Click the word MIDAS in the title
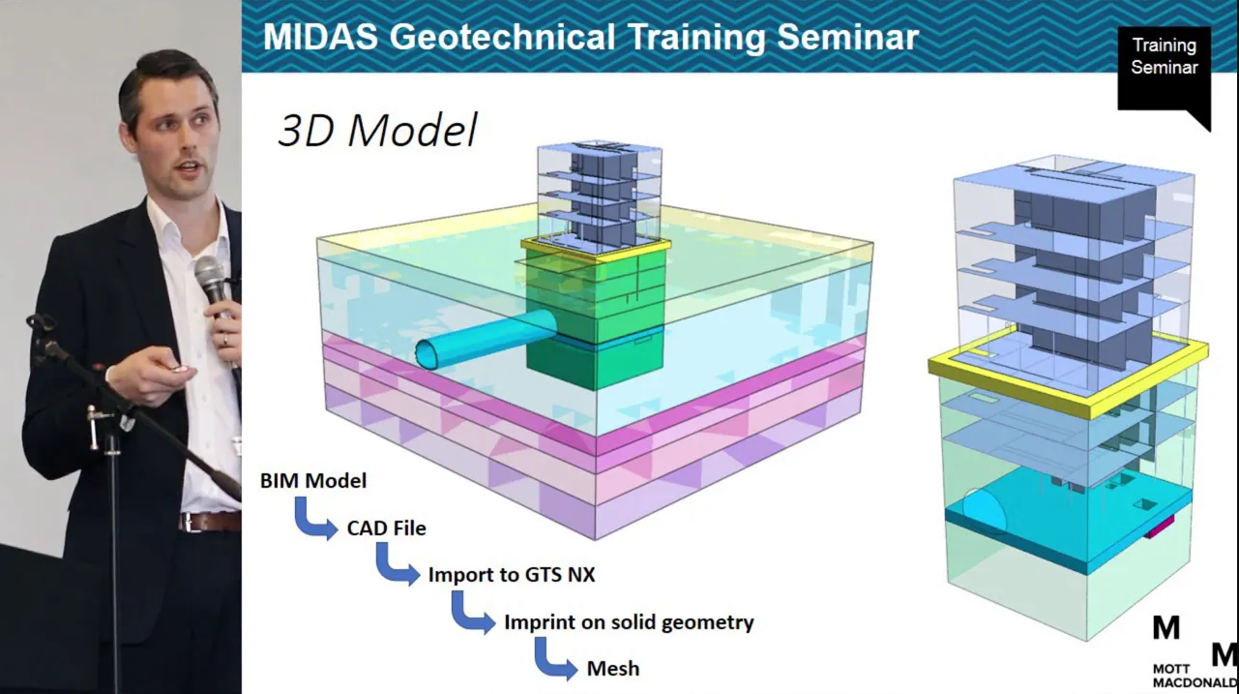click(321, 37)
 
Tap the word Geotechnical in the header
click(502, 38)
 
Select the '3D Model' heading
click(378, 131)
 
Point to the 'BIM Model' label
click(313, 480)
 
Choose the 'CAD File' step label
click(387, 528)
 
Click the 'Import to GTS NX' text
click(512, 574)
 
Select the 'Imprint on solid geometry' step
click(629, 622)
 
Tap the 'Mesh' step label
click(613, 669)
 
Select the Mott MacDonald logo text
click(1195, 676)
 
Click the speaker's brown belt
click(210, 522)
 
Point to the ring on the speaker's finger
click(225, 341)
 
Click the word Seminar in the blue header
click(848, 37)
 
